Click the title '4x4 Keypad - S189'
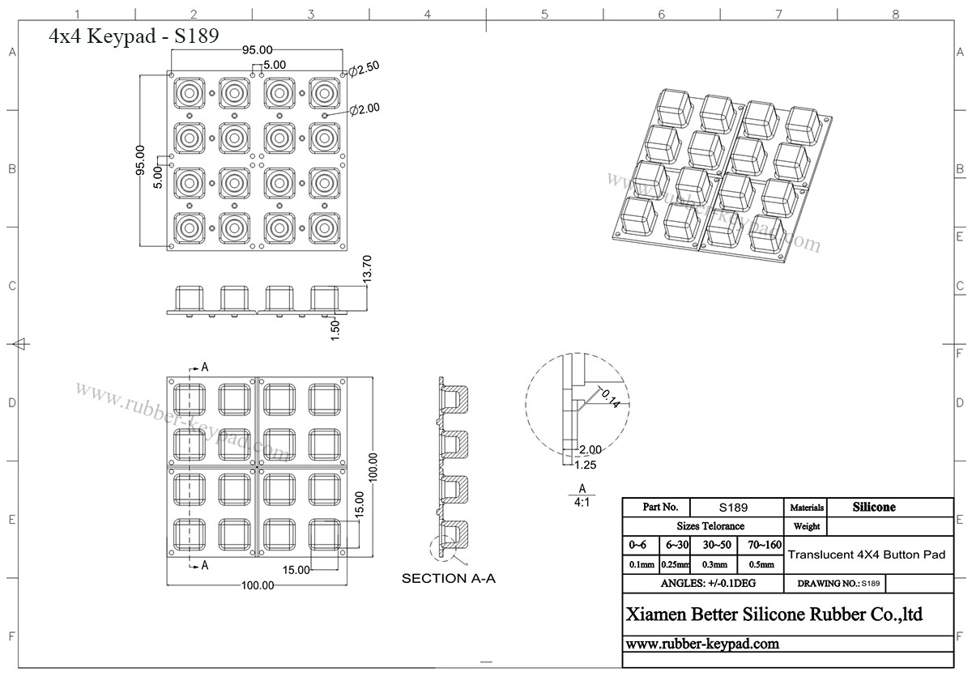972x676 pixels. [x=134, y=36]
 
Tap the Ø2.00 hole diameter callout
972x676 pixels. [x=364, y=108]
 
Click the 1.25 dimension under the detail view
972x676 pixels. [x=586, y=464]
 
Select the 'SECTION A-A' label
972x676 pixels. [x=448, y=578]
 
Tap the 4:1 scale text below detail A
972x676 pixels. [x=582, y=502]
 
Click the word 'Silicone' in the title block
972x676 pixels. [x=873, y=508]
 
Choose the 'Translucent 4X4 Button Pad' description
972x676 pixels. [x=866, y=555]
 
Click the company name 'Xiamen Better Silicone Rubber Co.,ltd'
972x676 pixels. [x=774, y=614]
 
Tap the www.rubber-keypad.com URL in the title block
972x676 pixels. [x=702, y=644]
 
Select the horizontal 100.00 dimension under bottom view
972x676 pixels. [x=257, y=585]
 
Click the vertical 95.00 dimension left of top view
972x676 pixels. [x=140, y=160]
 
